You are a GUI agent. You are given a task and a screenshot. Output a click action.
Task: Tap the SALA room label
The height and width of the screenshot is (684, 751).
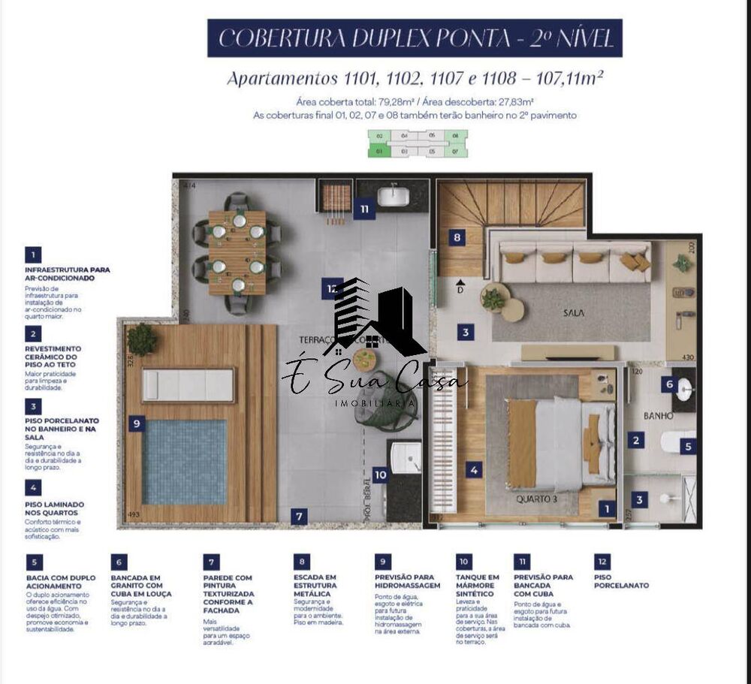click(576, 312)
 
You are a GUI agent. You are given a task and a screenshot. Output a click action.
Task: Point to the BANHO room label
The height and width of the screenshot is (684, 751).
click(657, 415)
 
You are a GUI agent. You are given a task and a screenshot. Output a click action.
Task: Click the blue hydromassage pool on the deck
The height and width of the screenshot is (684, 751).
click(184, 462)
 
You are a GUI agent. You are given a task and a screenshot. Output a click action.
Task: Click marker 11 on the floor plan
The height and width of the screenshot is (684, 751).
click(364, 209)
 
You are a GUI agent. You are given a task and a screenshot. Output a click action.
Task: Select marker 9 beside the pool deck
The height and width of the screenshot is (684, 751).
click(136, 423)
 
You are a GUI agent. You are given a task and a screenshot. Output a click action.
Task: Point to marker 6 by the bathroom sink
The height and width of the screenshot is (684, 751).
click(670, 384)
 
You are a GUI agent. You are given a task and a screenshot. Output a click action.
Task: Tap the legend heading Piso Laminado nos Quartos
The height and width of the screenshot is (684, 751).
click(54, 509)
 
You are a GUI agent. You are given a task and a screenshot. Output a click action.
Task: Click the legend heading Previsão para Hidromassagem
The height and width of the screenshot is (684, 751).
click(406, 581)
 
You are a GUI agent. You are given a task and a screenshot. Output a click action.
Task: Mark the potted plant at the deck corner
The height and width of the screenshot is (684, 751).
click(141, 340)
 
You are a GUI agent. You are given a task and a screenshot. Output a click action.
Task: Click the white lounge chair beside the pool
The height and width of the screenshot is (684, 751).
click(188, 385)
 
